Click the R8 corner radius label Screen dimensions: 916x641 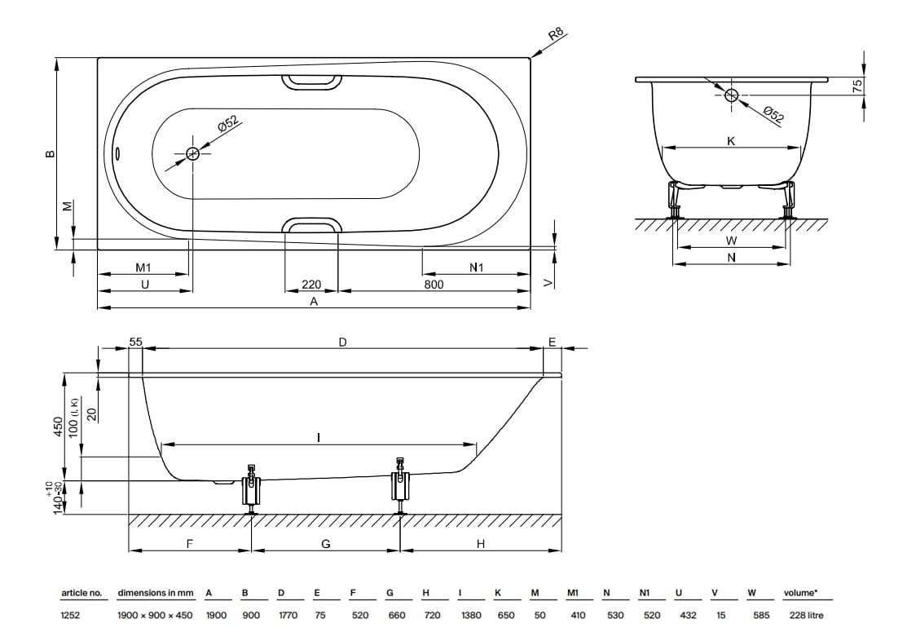coord(557,34)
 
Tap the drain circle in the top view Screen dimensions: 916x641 coord(193,154)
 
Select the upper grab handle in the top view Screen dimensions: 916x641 coord(311,82)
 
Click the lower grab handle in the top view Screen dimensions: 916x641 coord(311,225)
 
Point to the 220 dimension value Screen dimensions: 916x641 coord(311,285)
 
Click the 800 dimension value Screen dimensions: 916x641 coord(434,285)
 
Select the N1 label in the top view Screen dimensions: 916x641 coord(477,267)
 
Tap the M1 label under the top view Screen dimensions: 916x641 coord(143,267)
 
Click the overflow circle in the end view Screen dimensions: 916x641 coord(731,95)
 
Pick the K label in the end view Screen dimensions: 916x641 coord(731,141)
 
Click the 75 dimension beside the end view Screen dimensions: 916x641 coord(857,86)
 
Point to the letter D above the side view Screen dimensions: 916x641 coord(343,343)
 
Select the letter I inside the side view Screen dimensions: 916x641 coord(319,437)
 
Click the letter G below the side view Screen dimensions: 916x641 coord(326,544)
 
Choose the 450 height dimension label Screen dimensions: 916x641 coord(58,427)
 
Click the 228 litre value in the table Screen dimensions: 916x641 coord(806,615)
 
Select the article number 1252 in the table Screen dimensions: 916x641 coord(71,615)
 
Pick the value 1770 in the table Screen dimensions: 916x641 coord(288,615)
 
